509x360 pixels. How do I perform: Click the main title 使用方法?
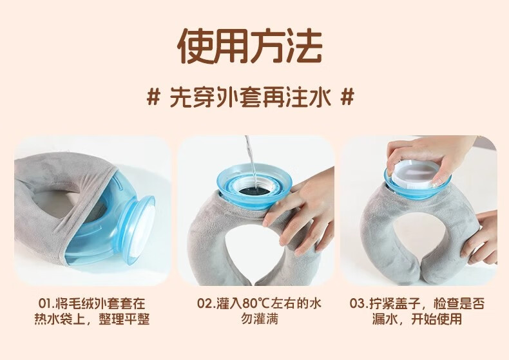pos(250,46)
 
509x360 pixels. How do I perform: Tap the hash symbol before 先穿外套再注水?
pos(153,97)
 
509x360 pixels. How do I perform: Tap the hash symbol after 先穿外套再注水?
pos(347,97)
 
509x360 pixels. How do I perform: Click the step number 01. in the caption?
pos(47,303)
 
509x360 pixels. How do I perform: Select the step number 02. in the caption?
pos(207,303)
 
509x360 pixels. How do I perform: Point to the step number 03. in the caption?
pos(360,303)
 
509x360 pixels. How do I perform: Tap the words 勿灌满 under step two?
pos(260,319)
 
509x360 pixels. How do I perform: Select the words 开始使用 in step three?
pos(437,319)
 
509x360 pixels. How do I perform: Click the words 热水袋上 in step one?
pos(59,319)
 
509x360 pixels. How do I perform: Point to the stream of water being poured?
pos(250,160)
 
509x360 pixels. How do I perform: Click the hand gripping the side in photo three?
pos(481,238)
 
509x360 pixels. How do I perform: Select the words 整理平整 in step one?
pos(124,319)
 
